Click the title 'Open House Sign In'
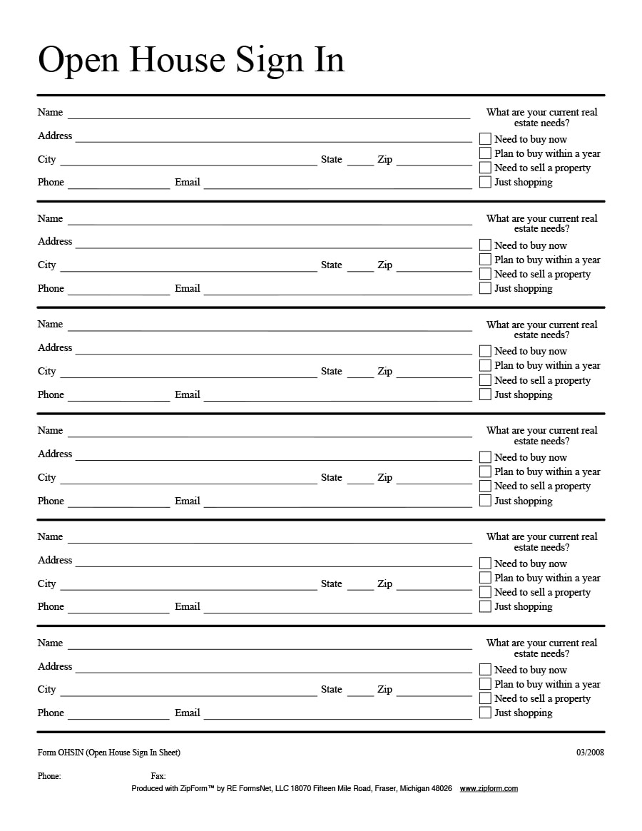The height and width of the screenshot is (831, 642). [x=191, y=60]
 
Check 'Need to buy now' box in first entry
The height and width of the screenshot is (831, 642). [x=485, y=139]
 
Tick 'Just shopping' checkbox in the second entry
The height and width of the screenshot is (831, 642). [x=485, y=288]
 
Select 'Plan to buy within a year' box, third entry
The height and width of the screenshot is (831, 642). [x=485, y=365]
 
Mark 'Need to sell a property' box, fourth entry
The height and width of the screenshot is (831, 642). [x=485, y=486]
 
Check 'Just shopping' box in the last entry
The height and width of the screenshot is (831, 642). [x=485, y=713]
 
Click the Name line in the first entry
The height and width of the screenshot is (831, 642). [x=269, y=114]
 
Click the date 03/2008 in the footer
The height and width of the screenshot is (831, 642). [x=590, y=753]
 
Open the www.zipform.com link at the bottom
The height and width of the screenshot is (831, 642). [x=489, y=788]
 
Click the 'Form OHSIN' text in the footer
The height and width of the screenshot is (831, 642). [x=108, y=753]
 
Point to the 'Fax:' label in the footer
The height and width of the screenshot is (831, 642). [x=158, y=776]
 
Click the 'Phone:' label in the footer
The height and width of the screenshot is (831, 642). [x=49, y=776]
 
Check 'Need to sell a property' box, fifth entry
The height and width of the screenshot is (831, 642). [x=485, y=592]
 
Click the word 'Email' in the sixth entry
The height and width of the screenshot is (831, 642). [x=187, y=713]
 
